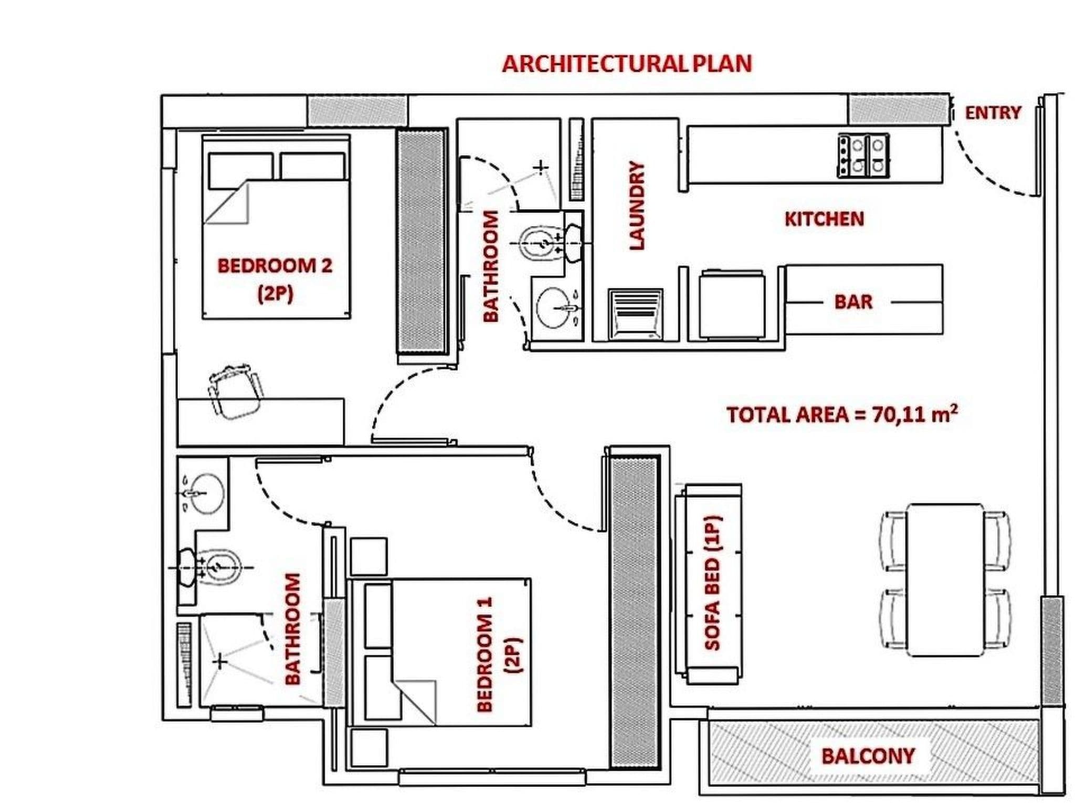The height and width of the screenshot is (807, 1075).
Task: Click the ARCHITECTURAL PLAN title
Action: pyautogui.click(x=627, y=64)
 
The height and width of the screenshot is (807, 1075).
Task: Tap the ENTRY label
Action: pyautogui.click(x=993, y=112)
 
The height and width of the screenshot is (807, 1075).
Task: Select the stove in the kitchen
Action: pyautogui.click(x=862, y=155)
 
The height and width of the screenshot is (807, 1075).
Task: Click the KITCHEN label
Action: pyautogui.click(x=824, y=219)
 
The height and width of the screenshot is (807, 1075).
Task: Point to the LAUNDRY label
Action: pyautogui.click(x=636, y=205)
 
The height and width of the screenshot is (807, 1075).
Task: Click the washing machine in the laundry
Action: pyautogui.click(x=635, y=314)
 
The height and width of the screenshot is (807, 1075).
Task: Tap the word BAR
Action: pyautogui.click(x=853, y=302)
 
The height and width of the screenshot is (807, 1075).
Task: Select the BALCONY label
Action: pyautogui.click(x=868, y=756)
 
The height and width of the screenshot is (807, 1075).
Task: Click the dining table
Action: pyautogui.click(x=945, y=580)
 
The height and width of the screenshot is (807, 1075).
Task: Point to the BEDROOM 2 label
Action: pyautogui.click(x=275, y=266)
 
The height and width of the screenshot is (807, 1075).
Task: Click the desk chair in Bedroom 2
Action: pyautogui.click(x=235, y=391)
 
